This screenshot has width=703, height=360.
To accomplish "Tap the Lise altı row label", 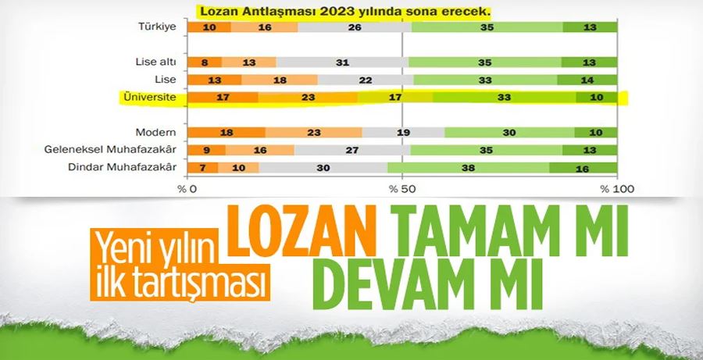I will [155, 62].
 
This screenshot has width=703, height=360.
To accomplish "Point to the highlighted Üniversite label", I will [148, 98].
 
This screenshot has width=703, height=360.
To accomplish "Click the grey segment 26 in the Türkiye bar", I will [354, 27].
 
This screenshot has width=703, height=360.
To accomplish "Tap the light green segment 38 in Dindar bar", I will [469, 167].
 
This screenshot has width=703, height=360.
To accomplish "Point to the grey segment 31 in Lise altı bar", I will [341, 62].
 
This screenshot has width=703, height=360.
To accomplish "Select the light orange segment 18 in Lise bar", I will [279, 80].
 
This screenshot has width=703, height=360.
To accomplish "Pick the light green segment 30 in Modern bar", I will [509, 133].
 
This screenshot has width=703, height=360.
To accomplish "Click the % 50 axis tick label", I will [401, 188].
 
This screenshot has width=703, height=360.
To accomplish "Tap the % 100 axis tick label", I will [614, 188].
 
